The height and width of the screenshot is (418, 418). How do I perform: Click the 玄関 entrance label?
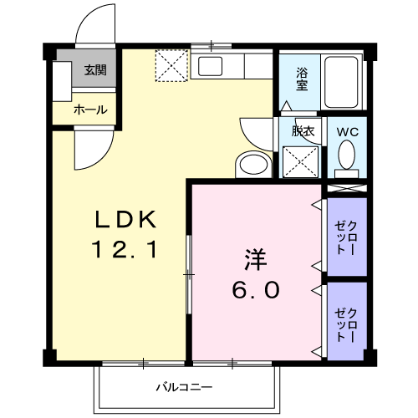tap(94, 70)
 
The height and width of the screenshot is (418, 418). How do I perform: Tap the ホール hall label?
tap(89, 110)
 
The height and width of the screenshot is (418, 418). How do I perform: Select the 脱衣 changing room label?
tap(302, 130)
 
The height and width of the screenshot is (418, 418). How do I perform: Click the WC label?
tap(347, 132)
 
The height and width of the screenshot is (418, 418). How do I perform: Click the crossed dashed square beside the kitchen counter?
tap(173, 66)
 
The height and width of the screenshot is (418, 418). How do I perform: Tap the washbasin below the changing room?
tap(251, 164)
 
